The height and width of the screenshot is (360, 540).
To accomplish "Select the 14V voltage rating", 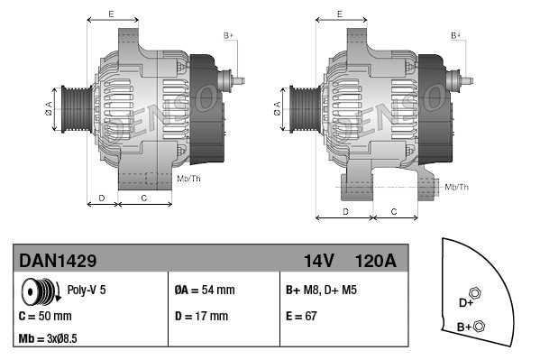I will [318, 261].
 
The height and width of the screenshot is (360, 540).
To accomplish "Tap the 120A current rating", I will [376, 261].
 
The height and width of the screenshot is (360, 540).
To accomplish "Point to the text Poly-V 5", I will [87, 291].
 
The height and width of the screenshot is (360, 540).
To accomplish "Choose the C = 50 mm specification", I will [45, 317].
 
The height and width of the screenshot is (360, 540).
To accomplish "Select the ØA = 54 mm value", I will [204, 291].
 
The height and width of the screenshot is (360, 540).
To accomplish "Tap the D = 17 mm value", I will [201, 317].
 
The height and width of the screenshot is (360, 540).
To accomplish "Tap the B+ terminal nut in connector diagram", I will [480, 326].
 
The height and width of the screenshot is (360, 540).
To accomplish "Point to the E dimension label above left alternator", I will [110, 14].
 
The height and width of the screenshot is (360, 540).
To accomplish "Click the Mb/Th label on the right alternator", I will [457, 187].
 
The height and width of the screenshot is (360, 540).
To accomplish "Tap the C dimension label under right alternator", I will [394, 210].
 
